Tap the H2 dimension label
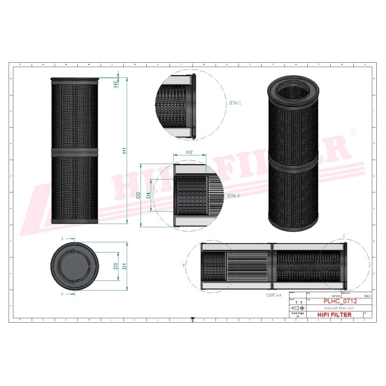[189, 153]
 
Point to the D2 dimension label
[138, 195]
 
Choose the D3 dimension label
[115, 266]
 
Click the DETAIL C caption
[235, 102]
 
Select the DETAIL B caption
[233, 196]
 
